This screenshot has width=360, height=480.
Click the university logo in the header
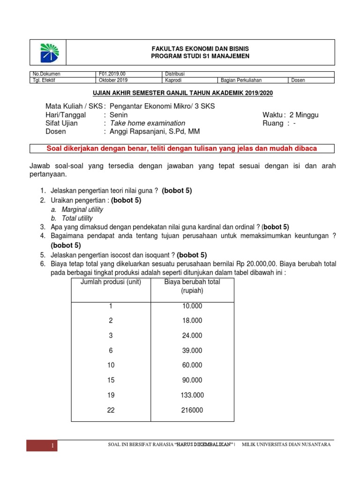[48, 52]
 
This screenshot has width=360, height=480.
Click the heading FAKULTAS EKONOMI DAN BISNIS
[200, 49]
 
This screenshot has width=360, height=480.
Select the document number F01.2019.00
[112, 74]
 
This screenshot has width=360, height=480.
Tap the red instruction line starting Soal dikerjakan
[182, 149]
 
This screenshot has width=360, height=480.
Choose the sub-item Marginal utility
[82, 210]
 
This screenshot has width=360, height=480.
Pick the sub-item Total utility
[77, 218]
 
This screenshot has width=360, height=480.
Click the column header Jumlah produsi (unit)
[111, 282]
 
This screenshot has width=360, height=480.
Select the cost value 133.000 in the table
[192, 395]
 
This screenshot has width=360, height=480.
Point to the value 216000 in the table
[192, 410]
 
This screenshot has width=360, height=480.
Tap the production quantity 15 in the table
[111, 380]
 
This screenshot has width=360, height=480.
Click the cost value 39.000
[192, 350]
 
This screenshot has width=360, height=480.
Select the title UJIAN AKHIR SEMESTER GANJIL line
[182, 93]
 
